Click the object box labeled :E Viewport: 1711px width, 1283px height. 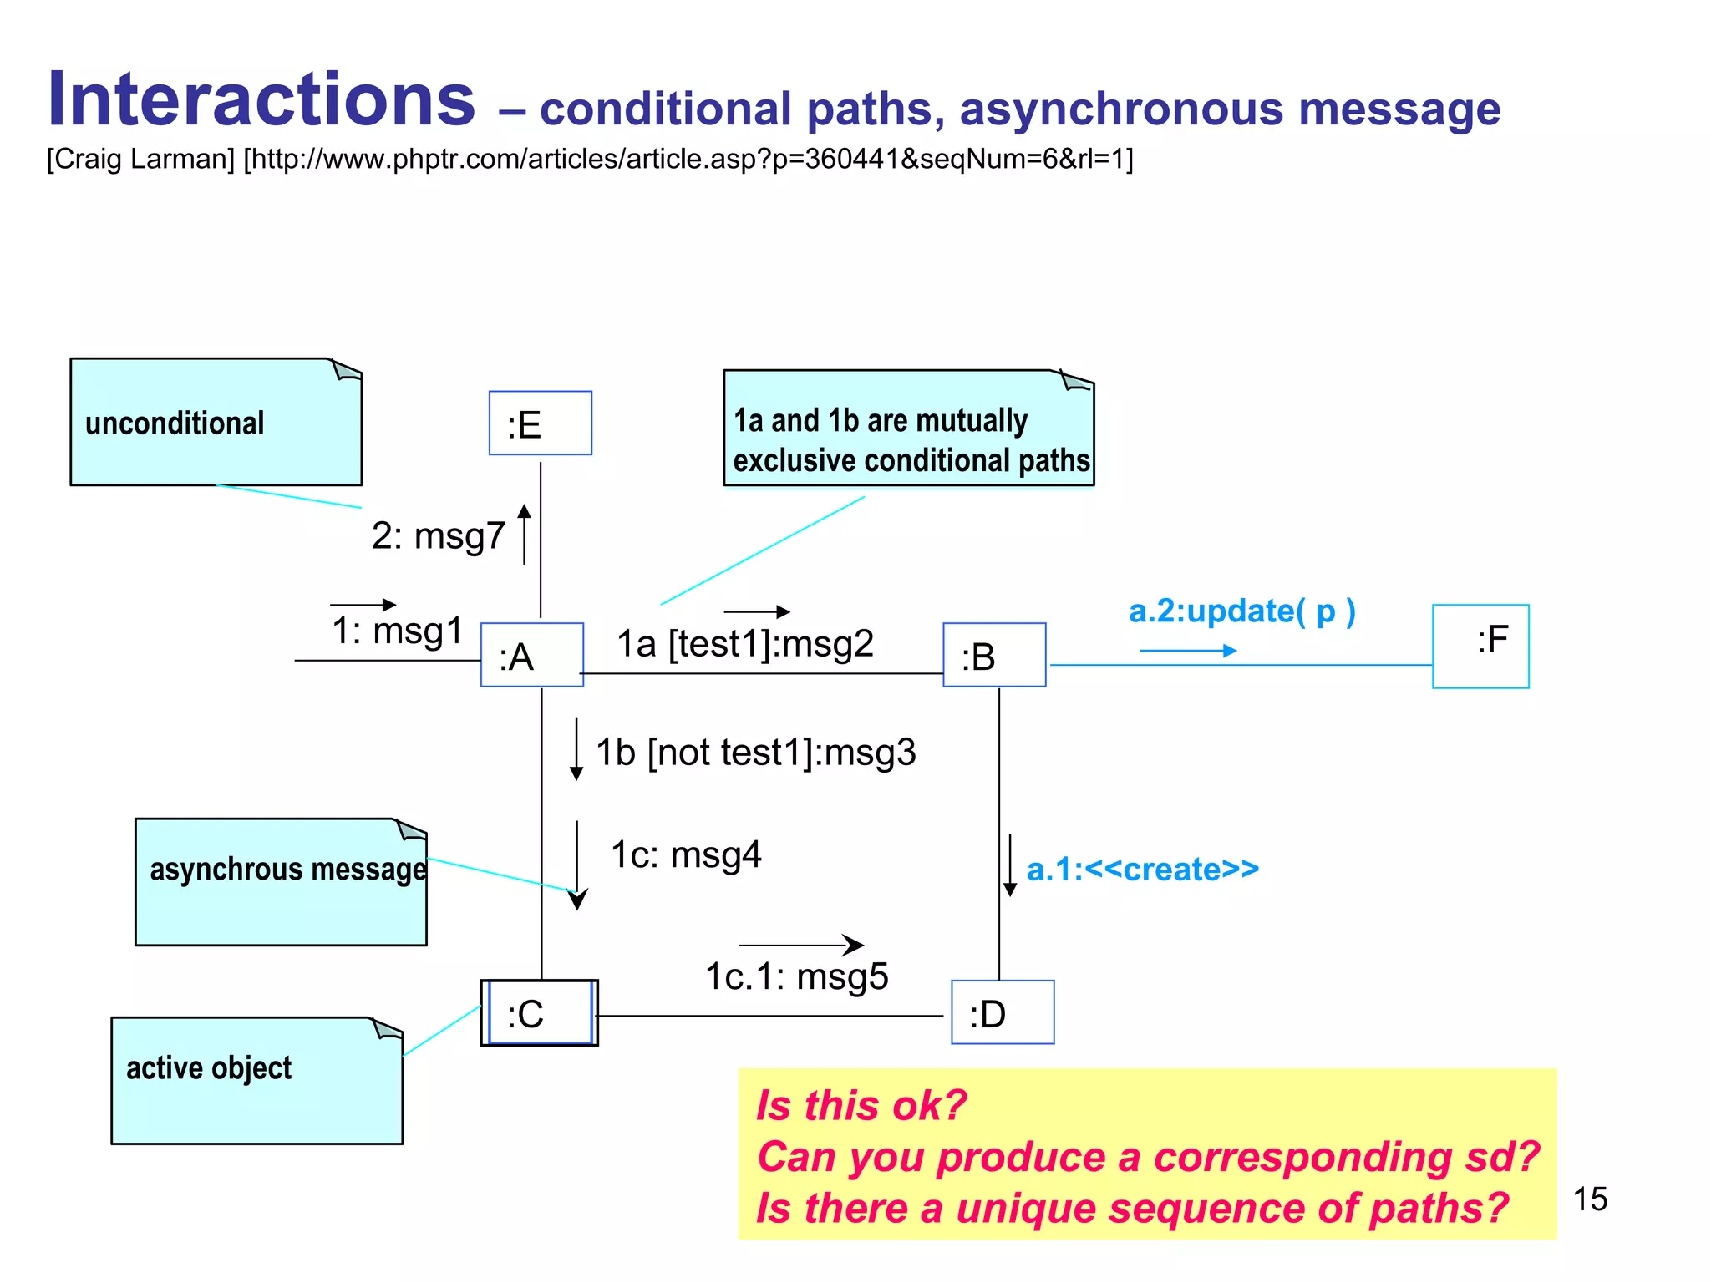click(x=540, y=423)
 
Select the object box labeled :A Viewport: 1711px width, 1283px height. click(x=531, y=655)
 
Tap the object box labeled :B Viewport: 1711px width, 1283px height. click(x=994, y=655)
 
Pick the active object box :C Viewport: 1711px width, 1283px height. click(x=539, y=1013)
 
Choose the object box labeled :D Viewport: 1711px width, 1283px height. click(x=1003, y=1012)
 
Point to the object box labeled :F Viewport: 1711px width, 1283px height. click(x=1480, y=646)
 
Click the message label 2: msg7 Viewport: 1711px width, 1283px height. click(x=438, y=535)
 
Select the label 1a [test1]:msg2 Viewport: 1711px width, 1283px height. click(x=744, y=644)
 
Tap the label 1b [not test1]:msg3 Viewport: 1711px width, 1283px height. click(x=755, y=753)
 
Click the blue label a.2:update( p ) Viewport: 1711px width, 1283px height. click(x=1241, y=611)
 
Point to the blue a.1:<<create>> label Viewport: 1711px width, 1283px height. click(x=1142, y=870)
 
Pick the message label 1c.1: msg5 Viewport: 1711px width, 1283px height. click(x=796, y=976)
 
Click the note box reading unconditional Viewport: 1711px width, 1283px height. click(x=216, y=423)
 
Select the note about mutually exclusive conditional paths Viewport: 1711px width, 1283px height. click(x=908, y=429)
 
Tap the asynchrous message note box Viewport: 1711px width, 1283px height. click(x=281, y=882)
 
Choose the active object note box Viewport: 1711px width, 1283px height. click(x=256, y=1080)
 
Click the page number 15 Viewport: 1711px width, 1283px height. click(x=1590, y=1199)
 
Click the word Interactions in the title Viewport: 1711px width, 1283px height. click(x=261, y=100)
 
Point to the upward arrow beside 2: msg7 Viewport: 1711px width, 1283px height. click(x=524, y=534)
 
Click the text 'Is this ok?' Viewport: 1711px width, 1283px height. click(x=861, y=1105)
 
